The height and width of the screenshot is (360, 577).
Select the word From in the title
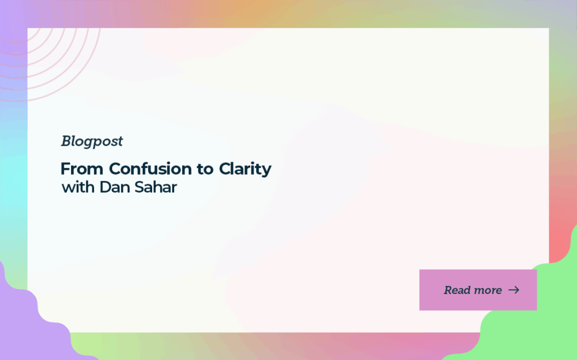click(x=82, y=169)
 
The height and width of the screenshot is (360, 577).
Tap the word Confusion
click(x=150, y=169)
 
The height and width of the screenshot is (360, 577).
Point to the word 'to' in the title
click(x=205, y=170)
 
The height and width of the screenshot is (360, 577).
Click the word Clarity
click(x=245, y=170)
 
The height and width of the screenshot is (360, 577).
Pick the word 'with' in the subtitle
click(x=78, y=187)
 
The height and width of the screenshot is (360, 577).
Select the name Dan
click(x=114, y=187)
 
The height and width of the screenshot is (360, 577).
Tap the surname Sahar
click(x=156, y=187)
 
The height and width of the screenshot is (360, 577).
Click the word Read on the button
click(x=456, y=290)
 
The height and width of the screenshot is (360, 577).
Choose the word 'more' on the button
click(x=487, y=291)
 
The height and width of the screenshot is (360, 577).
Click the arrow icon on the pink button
click(x=514, y=290)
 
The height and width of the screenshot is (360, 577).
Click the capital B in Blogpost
click(x=66, y=141)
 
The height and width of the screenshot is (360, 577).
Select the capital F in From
click(x=65, y=170)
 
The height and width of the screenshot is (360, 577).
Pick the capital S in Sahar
click(x=139, y=187)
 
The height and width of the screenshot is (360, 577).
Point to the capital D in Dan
click(x=105, y=187)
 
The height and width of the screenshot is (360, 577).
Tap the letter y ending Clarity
click(x=267, y=171)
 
